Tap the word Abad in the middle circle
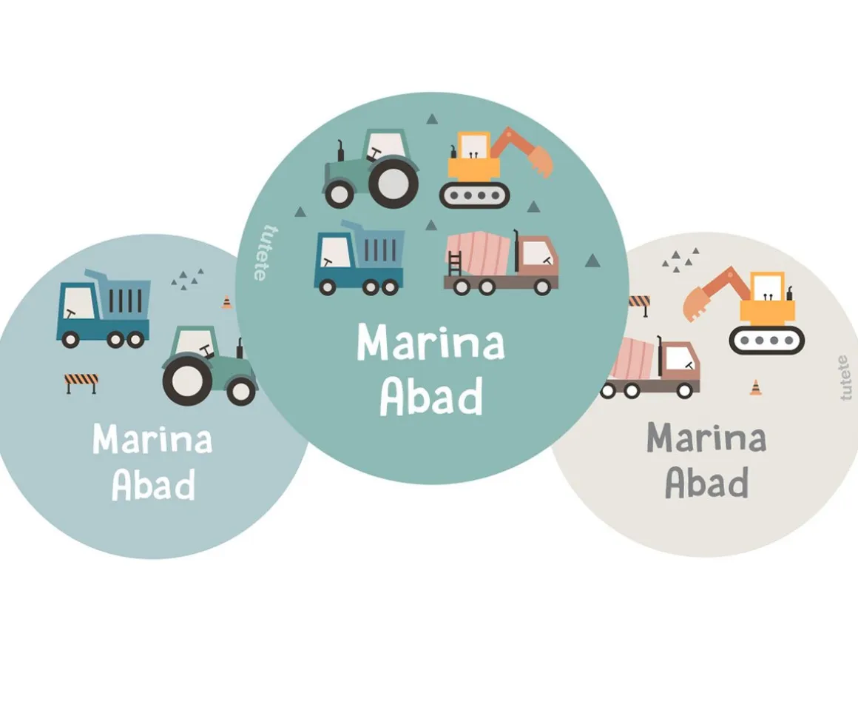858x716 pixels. [431, 398]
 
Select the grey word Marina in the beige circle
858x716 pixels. [706, 438]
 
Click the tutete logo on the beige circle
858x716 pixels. [844, 378]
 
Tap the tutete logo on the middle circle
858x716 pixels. [258, 253]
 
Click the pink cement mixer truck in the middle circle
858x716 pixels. [501, 264]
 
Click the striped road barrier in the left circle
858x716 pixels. [81, 382]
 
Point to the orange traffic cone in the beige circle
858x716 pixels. [755, 387]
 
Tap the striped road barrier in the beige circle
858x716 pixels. [638, 303]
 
